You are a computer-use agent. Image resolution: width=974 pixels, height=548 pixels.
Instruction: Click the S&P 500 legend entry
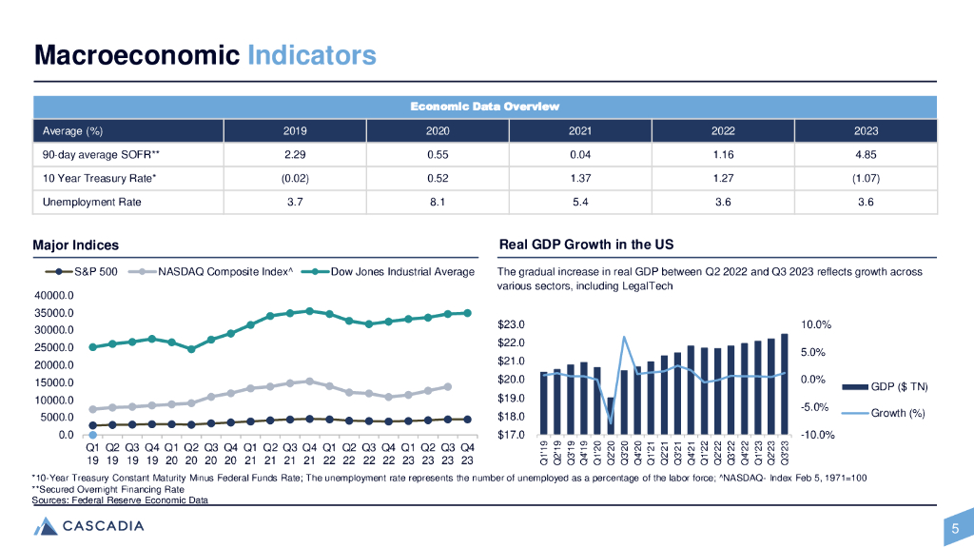click(x=93, y=272)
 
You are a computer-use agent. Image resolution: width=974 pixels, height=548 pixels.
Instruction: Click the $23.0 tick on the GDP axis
click(x=512, y=325)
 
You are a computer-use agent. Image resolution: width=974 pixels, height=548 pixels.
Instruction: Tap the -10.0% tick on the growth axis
click(x=817, y=436)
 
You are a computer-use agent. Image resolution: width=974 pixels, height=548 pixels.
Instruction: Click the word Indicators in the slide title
click(x=311, y=55)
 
